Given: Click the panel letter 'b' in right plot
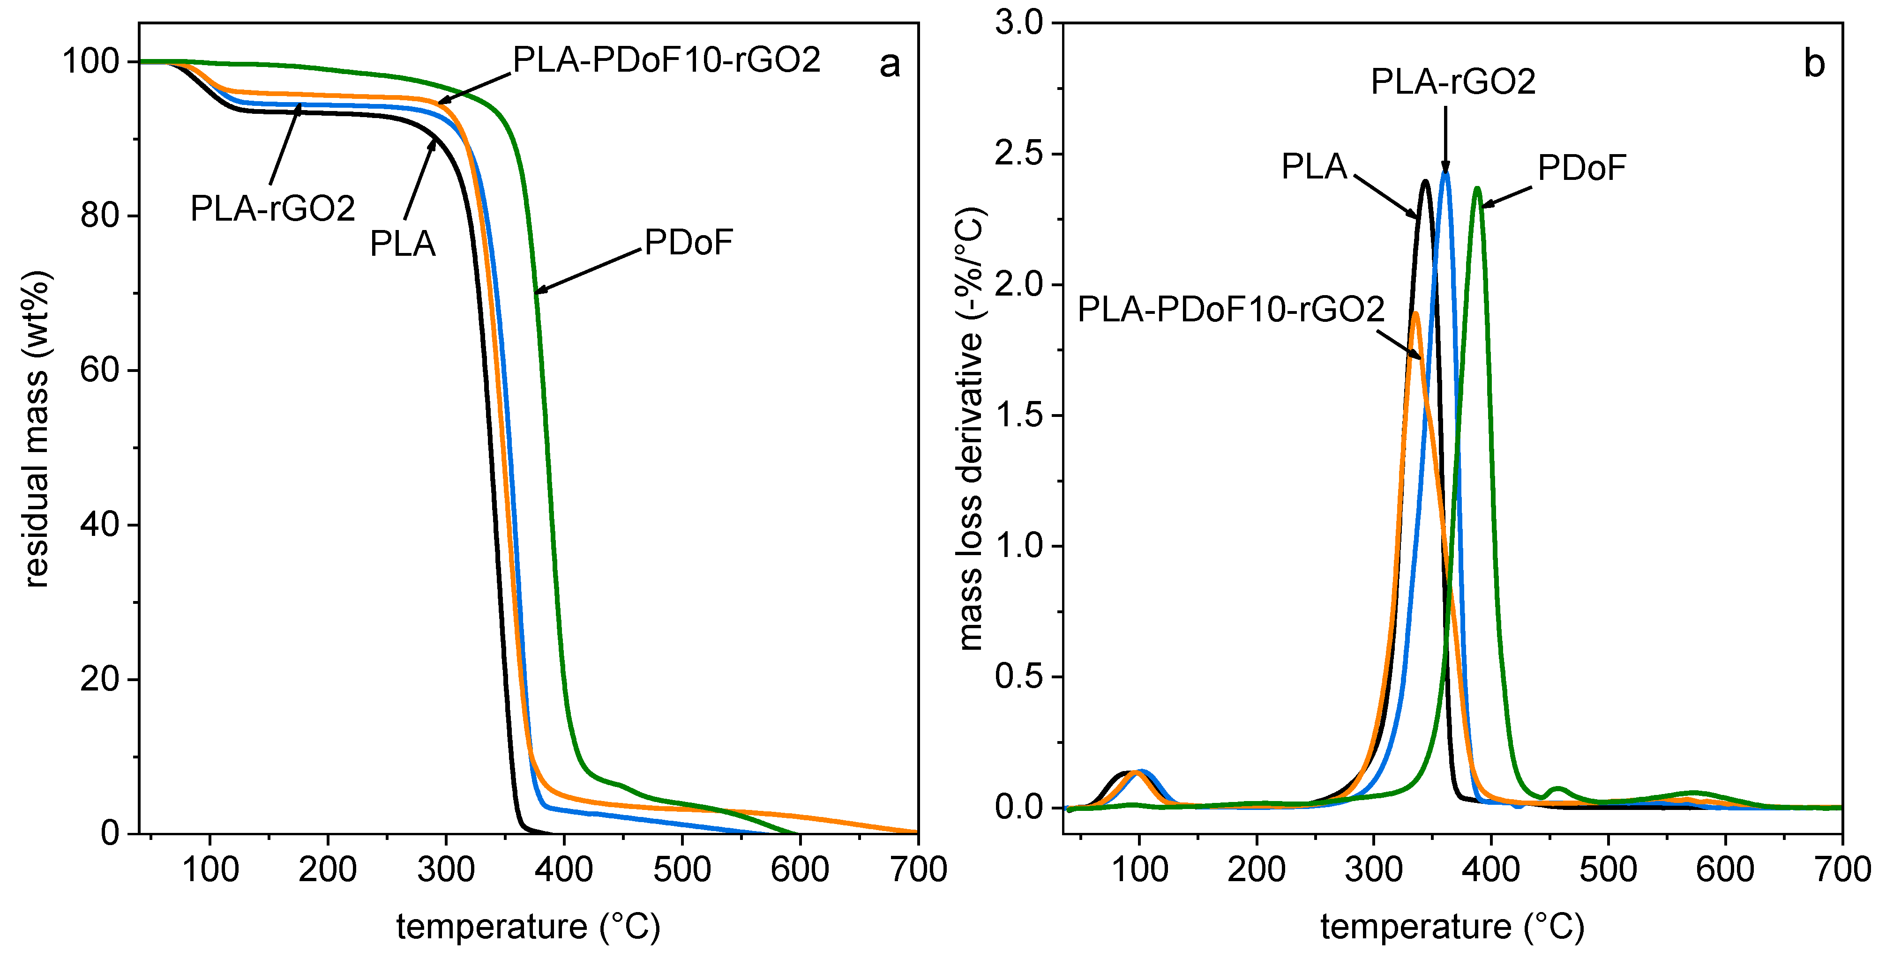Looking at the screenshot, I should click(x=1813, y=64).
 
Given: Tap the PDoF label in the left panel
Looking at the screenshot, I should click(x=688, y=243).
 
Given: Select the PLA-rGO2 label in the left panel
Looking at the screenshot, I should click(x=272, y=209).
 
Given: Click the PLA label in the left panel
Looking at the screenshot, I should click(x=403, y=244).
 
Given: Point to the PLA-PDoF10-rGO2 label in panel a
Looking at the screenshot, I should click(x=666, y=60).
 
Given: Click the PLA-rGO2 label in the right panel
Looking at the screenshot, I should click(x=1452, y=82).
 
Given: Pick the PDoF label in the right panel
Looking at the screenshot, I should click(x=1581, y=168).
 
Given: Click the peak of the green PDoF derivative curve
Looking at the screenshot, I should click(x=1477, y=189).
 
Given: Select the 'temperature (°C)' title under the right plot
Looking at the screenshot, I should click(x=1452, y=927).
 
